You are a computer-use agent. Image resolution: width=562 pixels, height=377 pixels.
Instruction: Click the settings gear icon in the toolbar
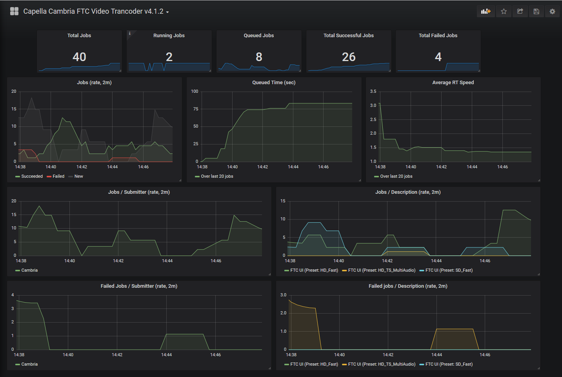click(x=552, y=11)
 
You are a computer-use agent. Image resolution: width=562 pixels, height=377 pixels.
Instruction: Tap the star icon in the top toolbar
click(x=504, y=11)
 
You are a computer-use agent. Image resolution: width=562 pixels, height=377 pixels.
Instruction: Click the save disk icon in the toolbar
click(x=536, y=11)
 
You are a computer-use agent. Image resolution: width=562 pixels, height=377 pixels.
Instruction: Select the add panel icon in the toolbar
click(x=486, y=11)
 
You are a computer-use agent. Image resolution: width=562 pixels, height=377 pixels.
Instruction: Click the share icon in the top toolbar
click(x=520, y=11)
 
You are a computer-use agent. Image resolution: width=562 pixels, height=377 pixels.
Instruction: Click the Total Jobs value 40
click(x=79, y=57)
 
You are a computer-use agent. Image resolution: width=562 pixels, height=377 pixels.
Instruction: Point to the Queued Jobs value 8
click(x=259, y=57)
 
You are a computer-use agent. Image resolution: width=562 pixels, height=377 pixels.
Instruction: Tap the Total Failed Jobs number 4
click(x=438, y=57)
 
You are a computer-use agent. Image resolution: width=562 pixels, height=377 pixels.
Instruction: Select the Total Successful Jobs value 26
click(x=349, y=57)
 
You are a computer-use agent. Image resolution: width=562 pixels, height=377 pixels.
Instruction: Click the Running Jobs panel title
click(x=169, y=36)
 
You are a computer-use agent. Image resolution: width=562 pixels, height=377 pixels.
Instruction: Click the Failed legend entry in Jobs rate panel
click(x=58, y=177)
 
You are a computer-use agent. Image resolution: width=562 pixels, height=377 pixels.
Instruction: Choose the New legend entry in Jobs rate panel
click(x=78, y=177)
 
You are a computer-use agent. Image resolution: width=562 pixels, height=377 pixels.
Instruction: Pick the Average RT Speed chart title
click(x=453, y=83)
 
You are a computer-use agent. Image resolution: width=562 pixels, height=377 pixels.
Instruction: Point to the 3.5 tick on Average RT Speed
click(x=373, y=92)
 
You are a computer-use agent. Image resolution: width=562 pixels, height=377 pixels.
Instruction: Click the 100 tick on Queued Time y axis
click(x=195, y=92)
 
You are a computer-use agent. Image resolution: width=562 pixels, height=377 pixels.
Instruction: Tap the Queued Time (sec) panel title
click(x=274, y=83)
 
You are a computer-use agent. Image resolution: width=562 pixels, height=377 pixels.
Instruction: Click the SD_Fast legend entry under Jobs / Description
click(x=449, y=271)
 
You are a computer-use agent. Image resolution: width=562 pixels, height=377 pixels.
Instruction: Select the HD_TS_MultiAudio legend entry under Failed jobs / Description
click(x=381, y=364)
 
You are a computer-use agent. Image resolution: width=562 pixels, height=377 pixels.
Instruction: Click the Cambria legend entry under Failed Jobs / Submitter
click(x=29, y=364)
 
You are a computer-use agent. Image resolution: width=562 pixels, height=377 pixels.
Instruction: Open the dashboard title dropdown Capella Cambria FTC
click(x=96, y=11)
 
